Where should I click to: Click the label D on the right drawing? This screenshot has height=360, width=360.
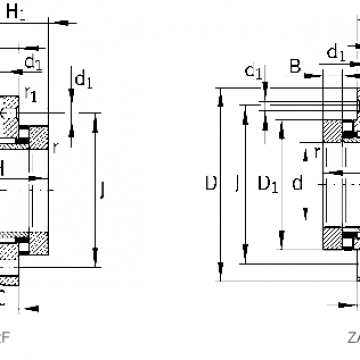[x=209, y=184]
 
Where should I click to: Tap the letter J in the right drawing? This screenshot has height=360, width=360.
[x=235, y=184]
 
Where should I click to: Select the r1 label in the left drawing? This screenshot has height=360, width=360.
[x=32, y=97]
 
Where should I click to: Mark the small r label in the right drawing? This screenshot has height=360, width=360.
[x=317, y=151]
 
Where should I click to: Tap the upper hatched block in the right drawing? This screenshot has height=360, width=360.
[x=347, y=131]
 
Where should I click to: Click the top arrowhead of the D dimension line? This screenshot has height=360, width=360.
[x=218, y=92]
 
